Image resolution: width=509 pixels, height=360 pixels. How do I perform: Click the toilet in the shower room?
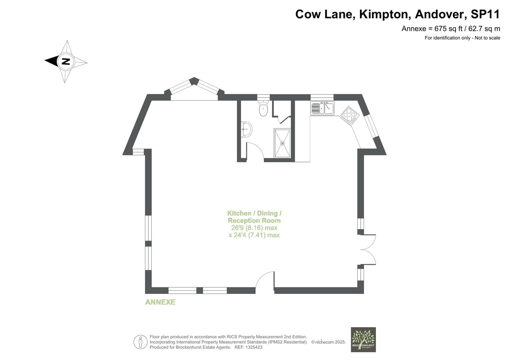tap(263, 109)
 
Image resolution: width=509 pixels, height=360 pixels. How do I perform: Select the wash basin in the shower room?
tap(247, 129)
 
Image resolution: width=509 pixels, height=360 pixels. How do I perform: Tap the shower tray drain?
tap(282, 143)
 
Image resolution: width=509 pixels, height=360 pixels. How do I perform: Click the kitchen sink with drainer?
tap(322, 108)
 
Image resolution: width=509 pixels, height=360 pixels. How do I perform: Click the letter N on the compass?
tap(66, 61)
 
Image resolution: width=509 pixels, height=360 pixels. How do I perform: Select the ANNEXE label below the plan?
tap(160, 302)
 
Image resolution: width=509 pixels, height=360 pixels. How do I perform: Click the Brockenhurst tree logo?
tap(363, 339)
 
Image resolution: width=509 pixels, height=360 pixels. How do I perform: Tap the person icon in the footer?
tap(140, 342)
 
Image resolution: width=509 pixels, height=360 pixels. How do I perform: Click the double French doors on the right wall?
tap(368, 250)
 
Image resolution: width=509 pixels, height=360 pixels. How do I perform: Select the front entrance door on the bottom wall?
tap(265, 282)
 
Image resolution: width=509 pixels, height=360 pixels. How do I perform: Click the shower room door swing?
tap(255, 151)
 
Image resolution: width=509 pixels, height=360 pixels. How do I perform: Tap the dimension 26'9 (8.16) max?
tap(254, 228)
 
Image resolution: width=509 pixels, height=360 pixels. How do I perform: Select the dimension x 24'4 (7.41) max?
tap(254, 235)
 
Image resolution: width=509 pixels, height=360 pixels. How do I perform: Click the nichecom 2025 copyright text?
tap(328, 342)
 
